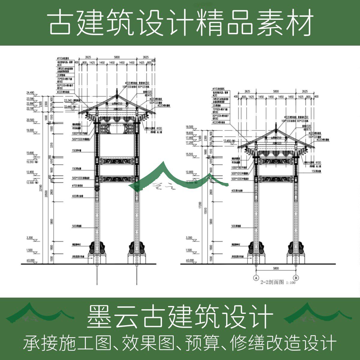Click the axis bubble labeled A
[256, 277]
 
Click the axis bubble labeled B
[296, 277]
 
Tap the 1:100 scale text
[291, 283]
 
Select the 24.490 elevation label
[31, 93]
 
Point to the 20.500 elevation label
[30, 120]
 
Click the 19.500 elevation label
[190, 127]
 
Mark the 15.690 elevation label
[30, 153]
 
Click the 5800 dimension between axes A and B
[276, 268]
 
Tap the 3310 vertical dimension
[51, 145]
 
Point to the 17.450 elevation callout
[229, 140]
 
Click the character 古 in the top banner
[60, 23]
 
